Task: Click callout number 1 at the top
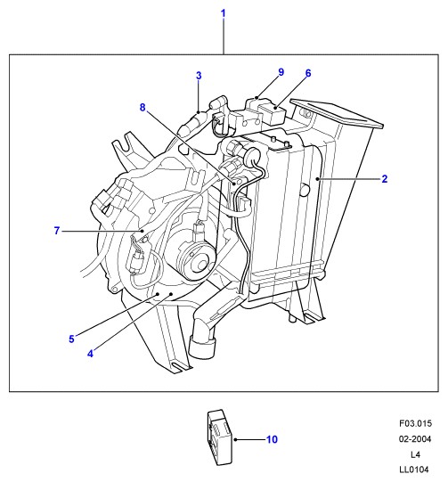point(224,13)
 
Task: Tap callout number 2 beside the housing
point(385,178)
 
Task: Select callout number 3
point(199,76)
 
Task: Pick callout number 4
point(90,354)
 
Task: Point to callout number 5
point(71,339)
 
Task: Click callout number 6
point(308,73)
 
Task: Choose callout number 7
point(56,230)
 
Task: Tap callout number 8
point(143,107)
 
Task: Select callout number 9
point(281,72)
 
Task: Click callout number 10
point(272,439)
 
